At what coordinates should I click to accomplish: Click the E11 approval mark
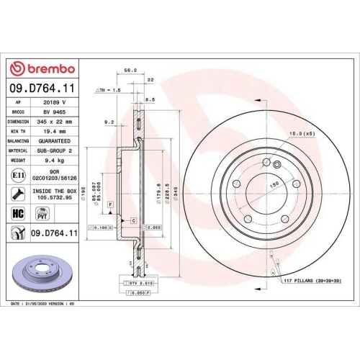17,175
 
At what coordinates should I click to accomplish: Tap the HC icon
17,214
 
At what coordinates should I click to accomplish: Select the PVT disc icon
41,214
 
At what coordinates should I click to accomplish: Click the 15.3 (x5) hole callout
300,135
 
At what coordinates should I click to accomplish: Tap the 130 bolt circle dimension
273,184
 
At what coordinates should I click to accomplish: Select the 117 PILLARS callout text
321,280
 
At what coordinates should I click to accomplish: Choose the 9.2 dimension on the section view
110,122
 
